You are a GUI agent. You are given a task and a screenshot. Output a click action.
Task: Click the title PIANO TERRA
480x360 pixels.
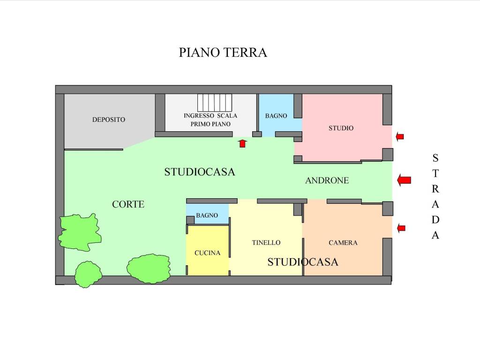tap(223, 52)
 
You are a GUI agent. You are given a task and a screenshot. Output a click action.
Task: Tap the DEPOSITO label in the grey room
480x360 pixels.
tap(108, 120)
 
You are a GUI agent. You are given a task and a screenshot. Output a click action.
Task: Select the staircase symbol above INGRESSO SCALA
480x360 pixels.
tap(215, 102)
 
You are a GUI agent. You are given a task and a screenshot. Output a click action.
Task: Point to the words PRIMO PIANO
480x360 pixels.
tap(210, 124)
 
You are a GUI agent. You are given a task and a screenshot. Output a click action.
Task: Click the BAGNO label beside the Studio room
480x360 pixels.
tap(276, 116)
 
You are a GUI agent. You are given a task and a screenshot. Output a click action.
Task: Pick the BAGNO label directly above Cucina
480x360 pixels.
tap(207, 216)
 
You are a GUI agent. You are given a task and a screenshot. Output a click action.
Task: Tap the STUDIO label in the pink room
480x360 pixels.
tap(341, 128)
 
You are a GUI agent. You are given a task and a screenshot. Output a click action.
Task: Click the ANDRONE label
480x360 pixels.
tap(327, 180)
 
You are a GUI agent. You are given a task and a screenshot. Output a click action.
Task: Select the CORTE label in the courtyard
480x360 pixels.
tap(128, 204)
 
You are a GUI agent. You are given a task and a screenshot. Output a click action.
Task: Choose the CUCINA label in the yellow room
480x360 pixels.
tap(207, 253)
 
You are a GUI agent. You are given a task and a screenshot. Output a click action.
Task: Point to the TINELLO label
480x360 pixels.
tap(266, 243)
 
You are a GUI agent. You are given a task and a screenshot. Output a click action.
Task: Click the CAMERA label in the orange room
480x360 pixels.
tap(343, 243)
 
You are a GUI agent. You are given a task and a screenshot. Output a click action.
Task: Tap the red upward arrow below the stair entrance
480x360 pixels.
tap(242, 143)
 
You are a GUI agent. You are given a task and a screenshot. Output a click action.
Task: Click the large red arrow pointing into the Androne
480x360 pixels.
tap(404, 180)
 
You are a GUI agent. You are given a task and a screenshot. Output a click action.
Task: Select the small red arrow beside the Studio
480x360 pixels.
tap(399, 136)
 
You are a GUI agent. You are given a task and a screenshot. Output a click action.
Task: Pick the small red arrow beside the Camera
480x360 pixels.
tap(401, 228)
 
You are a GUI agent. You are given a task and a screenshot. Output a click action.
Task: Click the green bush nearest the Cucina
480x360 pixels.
tap(148, 269)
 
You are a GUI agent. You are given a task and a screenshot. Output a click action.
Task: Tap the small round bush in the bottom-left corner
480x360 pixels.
tap(88, 274)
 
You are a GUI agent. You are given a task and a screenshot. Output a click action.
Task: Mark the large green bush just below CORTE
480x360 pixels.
tap(80, 232)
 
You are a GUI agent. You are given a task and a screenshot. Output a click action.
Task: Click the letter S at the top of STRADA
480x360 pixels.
tap(435, 158)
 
